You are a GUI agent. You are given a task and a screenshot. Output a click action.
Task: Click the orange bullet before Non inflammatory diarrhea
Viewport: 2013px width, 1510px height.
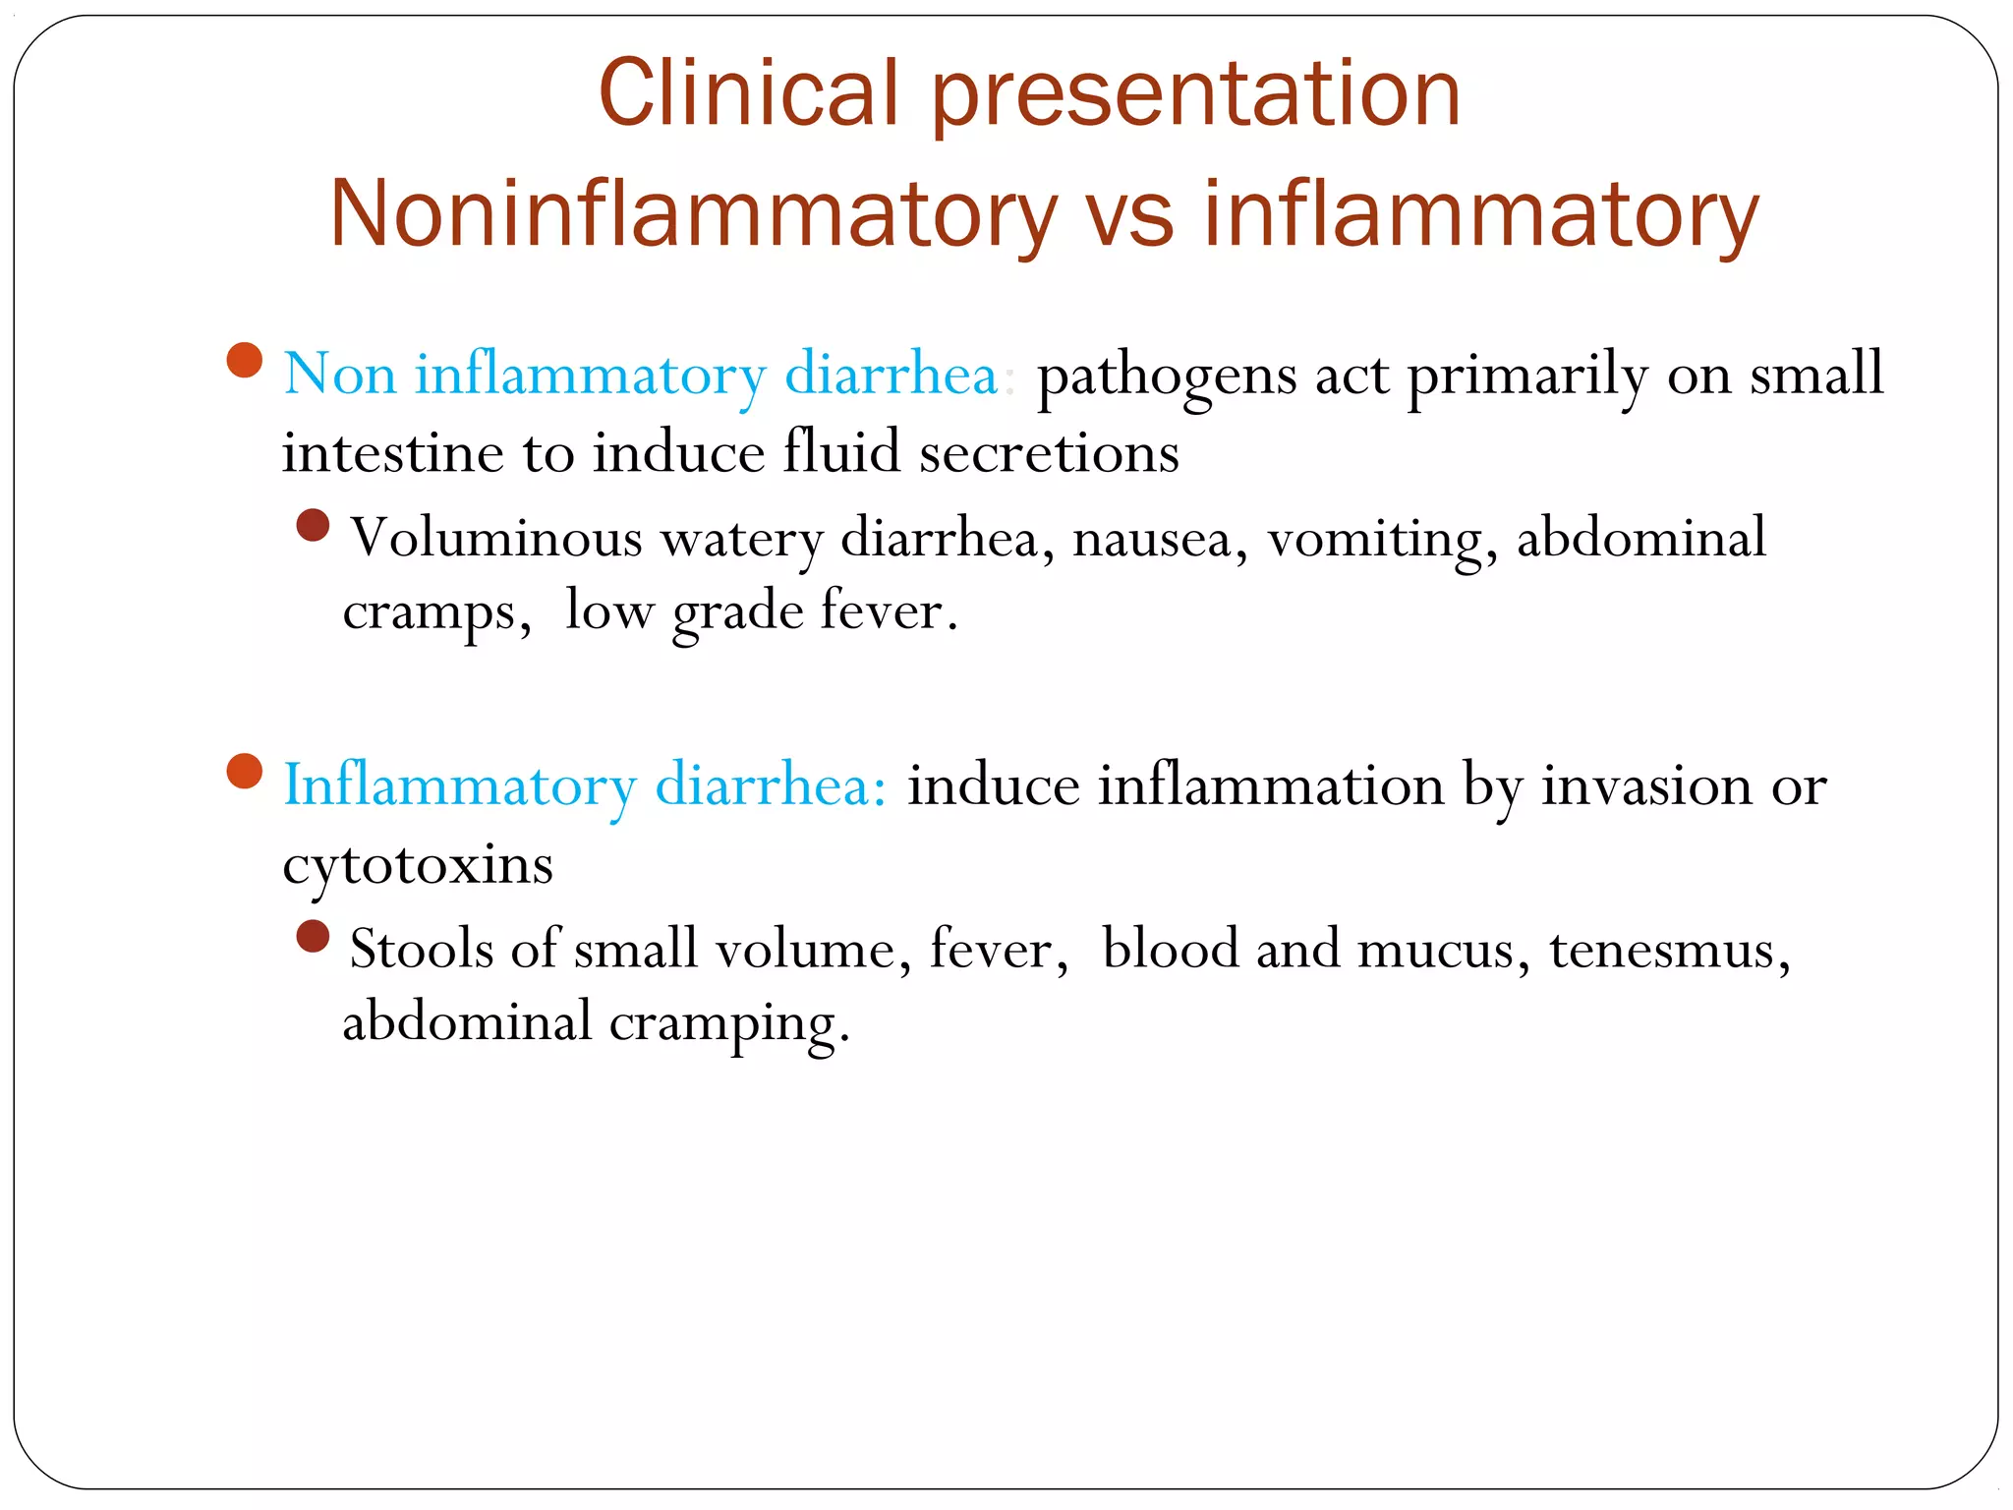244,360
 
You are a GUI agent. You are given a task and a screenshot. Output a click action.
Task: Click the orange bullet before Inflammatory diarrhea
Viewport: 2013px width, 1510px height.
244,771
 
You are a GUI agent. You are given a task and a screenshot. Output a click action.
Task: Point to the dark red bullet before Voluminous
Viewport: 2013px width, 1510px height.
313,525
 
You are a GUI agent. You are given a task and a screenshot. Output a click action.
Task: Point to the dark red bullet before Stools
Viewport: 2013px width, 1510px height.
313,936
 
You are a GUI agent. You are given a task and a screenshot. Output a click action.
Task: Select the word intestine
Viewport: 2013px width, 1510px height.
392,454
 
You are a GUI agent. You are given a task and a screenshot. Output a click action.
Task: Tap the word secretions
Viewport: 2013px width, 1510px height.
1049,454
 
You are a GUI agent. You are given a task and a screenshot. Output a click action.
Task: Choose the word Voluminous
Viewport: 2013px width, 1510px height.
496,539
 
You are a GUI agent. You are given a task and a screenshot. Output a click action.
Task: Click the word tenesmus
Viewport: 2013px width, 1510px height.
1669,951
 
